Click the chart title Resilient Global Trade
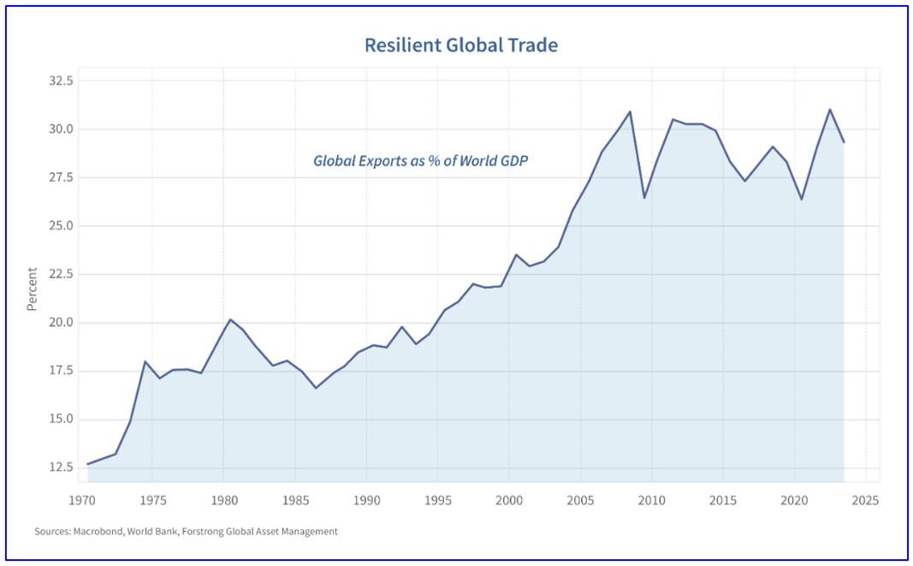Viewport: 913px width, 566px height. (460, 45)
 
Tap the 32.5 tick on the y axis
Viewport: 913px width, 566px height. (62, 81)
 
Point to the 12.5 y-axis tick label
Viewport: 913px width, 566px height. (62, 468)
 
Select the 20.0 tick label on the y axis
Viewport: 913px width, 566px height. (62, 323)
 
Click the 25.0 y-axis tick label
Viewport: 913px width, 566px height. (62, 226)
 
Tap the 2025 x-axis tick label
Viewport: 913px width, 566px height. (865, 499)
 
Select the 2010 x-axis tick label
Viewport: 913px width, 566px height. (651, 499)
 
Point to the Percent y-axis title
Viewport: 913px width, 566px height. (33, 289)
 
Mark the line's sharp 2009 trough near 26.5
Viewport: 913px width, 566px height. (644, 198)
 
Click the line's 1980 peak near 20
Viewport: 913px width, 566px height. (230, 319)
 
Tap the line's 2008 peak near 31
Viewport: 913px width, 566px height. (631, 111)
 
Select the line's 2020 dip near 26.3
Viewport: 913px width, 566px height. (802, 200)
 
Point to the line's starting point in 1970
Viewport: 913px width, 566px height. (87, 464)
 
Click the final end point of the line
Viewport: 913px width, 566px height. (844, 142)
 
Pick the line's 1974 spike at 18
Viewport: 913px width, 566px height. (145, 361)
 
